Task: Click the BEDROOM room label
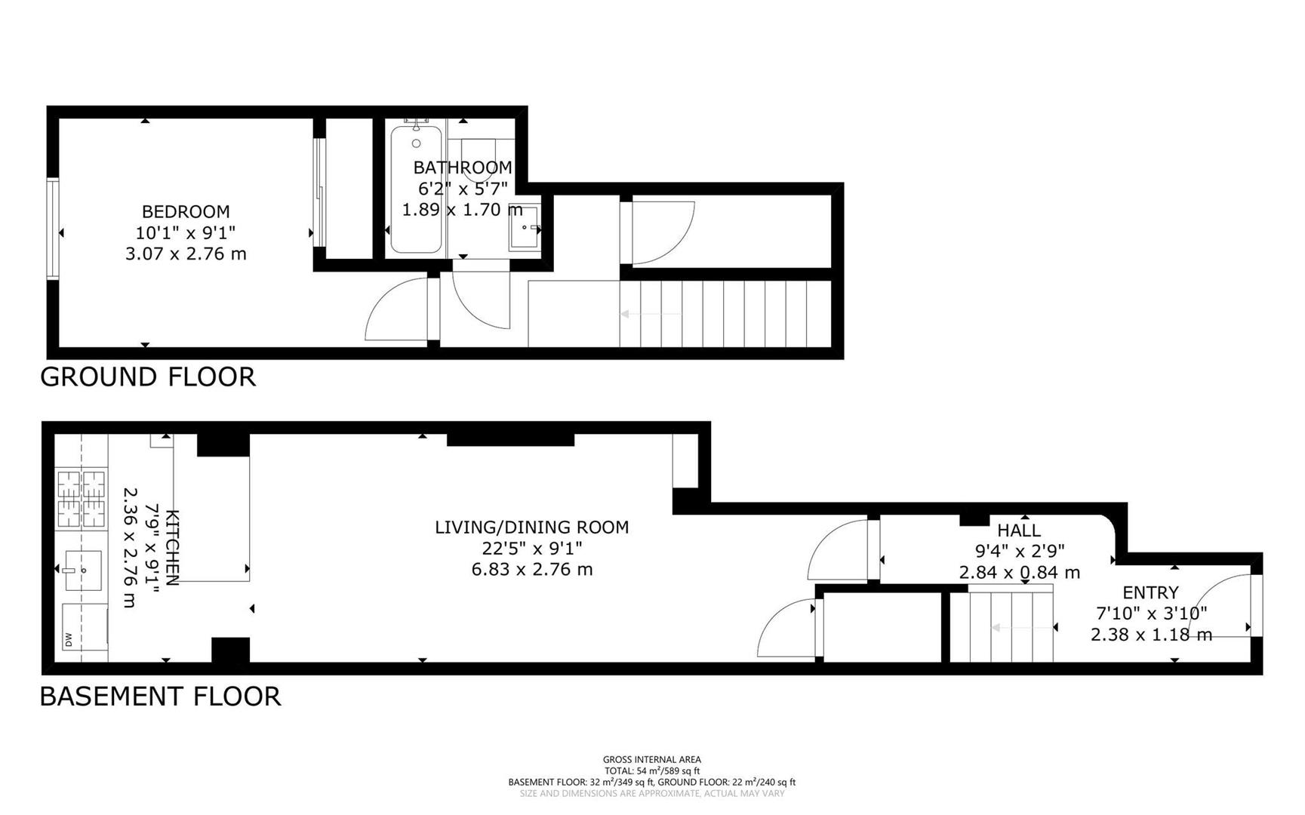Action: pos(186,212)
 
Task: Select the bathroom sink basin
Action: pos(525,226)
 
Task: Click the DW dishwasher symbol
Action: pos(69,640)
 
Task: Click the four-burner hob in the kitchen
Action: pos(82,498)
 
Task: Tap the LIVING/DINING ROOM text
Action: pos(531,527)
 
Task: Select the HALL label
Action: pos(1019,531)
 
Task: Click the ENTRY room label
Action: pos(1150,592)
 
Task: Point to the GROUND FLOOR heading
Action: pos(148,377)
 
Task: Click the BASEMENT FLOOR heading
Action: pos(160,696)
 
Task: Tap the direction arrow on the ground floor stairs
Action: pos(649,314)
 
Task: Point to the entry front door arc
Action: pos(1215,596)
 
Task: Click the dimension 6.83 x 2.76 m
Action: pos(531,570)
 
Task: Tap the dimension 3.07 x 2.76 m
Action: pos(186,254)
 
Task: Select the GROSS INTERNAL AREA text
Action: pos(651,759)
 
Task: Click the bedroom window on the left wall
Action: pos(52,229)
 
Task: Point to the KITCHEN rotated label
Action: pos(172,547)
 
